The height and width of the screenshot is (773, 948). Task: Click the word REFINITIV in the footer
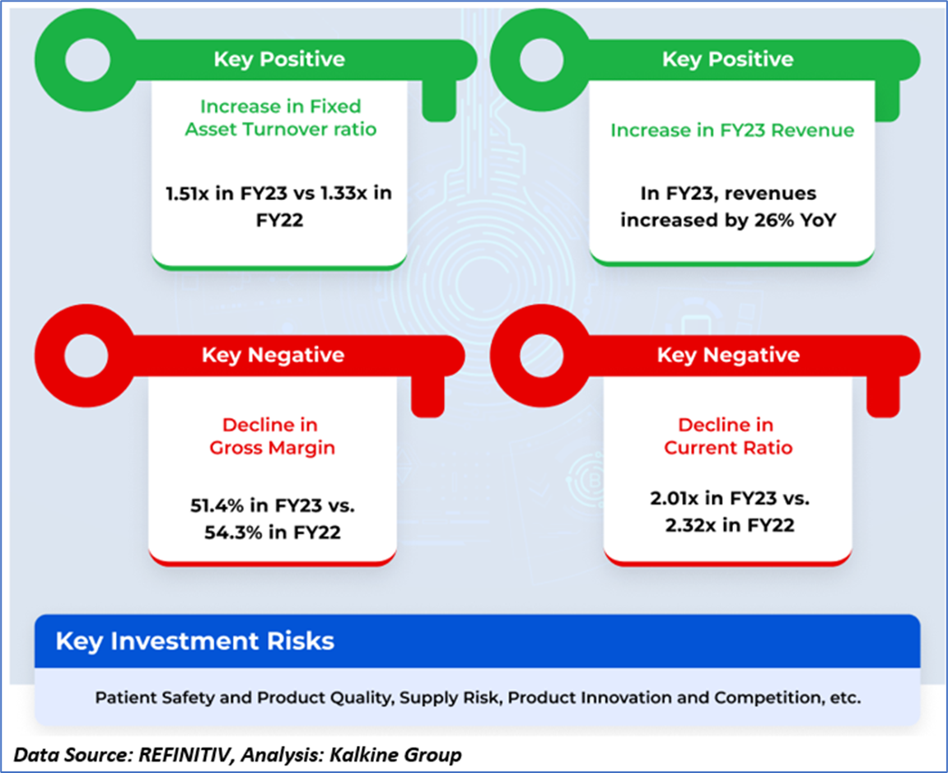click(185, 755)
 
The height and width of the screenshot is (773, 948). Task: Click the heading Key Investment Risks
click(194, 641)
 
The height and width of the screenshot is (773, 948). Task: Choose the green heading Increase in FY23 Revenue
click(732, 130)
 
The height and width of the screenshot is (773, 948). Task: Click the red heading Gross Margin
click(272, 448)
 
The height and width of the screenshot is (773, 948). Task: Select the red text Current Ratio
click(728, 448)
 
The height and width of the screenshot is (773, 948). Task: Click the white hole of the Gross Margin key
click(86, 356)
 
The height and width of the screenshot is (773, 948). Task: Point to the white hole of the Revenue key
click(542, 60)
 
